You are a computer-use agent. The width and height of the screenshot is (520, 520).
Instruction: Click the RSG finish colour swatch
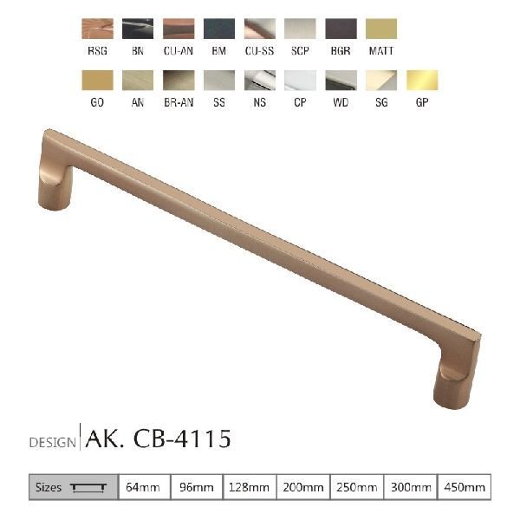pos(97,29)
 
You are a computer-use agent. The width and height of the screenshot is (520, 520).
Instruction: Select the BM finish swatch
pos(219,29)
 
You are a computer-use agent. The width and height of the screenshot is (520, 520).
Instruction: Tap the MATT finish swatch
pos(381,29)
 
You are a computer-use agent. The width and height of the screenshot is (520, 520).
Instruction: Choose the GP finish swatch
pos(422,81)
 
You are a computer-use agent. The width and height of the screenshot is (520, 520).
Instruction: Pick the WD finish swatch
pos(341,81)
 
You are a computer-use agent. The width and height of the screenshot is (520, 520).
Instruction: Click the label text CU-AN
pos(179,51)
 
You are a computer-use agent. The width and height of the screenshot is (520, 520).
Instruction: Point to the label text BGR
pos(341,51)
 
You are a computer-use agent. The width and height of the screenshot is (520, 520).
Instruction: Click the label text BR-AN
pos(179,102)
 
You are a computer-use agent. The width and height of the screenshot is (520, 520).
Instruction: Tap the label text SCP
pos(300,51)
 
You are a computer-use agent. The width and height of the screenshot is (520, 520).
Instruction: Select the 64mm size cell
pos(144,487)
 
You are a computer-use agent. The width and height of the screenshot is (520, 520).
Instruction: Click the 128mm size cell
pos(250,487)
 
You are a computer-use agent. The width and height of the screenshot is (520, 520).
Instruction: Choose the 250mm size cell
pos(357,487)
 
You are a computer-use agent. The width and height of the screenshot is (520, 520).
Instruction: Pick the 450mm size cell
pos(465,487)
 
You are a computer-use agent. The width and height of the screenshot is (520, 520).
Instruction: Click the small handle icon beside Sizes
pos(90,488)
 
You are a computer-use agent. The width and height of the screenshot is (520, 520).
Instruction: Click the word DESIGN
pos(53,442)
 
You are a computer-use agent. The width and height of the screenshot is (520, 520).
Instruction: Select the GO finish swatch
pos(97,81)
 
